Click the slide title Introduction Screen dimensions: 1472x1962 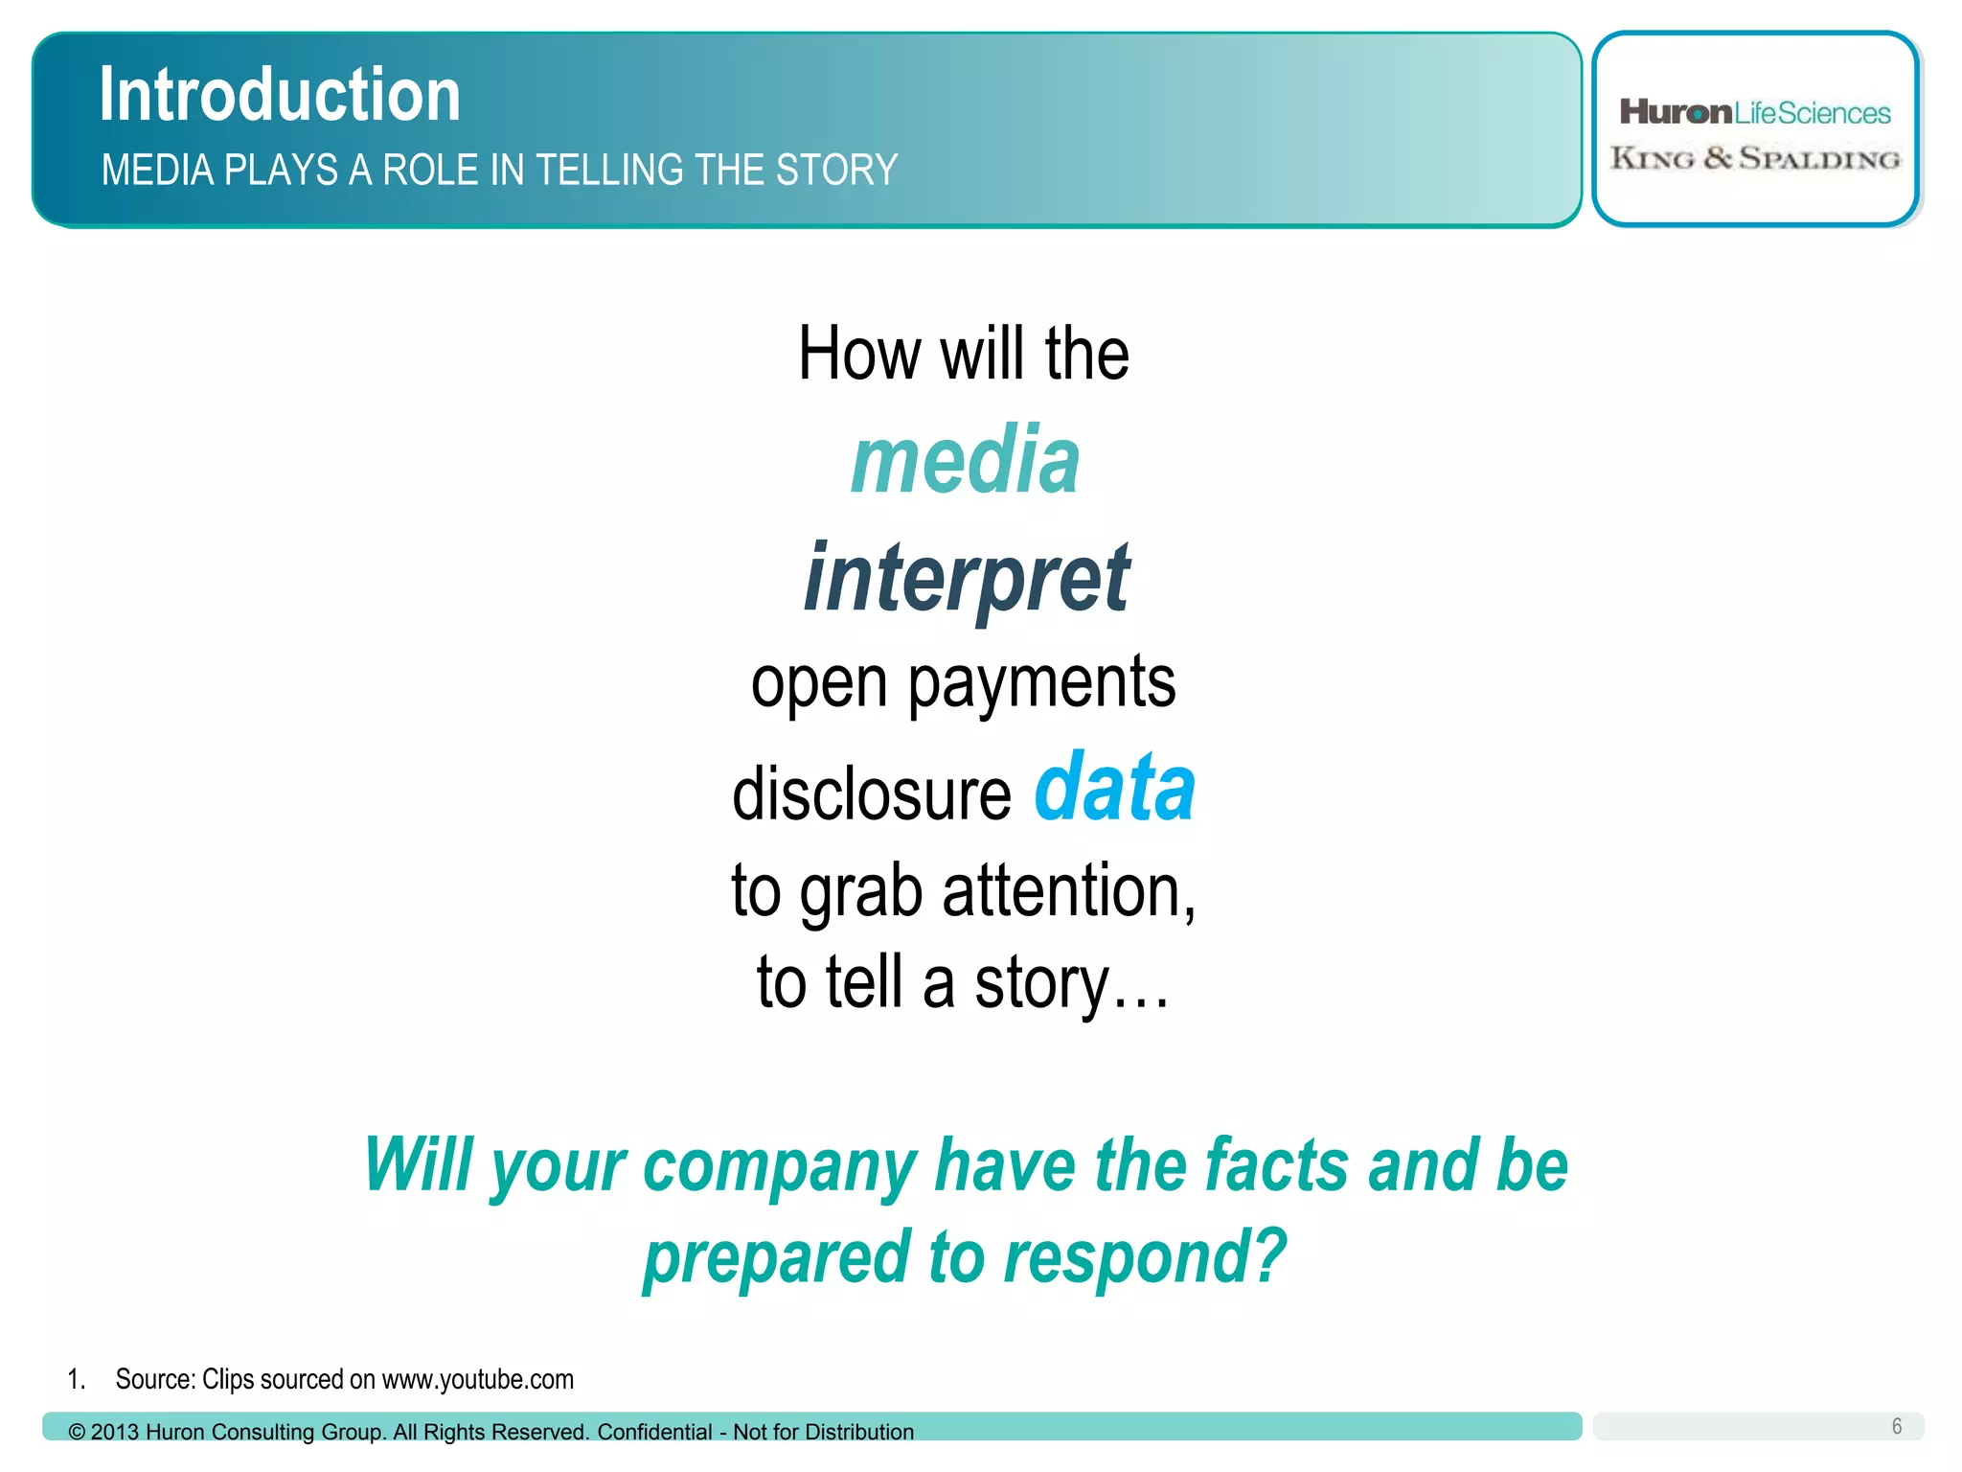click(280, 95)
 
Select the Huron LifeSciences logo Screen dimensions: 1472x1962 click(1754, 113)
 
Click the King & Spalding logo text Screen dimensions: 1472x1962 click(1754, 159)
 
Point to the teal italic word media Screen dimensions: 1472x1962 click(965, 462)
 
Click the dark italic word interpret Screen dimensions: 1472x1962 click(967, 578)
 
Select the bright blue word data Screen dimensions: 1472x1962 click(1114, 789)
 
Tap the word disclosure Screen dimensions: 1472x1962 click(871, 794)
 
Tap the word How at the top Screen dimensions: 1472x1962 click(859, 354)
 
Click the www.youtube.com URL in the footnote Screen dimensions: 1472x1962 click(477, 1380)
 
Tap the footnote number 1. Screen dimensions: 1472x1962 click(76, 1380)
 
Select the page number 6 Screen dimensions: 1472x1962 click(1896, 1426)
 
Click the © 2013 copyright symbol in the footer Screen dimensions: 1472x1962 click(77, 1433)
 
